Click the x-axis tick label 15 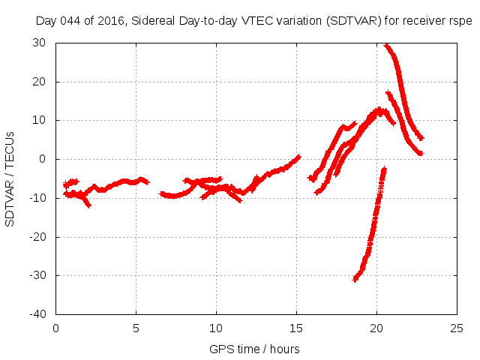(x=296, y=328)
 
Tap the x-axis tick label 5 (x=136, y=328)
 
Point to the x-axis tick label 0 (x=56, y=328)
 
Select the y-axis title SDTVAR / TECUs (x=10, y=178)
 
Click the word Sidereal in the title (x=155, y=21)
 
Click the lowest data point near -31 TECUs (x=355, y=279)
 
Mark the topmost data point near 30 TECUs (x=386, y=45)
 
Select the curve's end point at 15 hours (x=298, y=157)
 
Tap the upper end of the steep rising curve (x=384, y=169)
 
